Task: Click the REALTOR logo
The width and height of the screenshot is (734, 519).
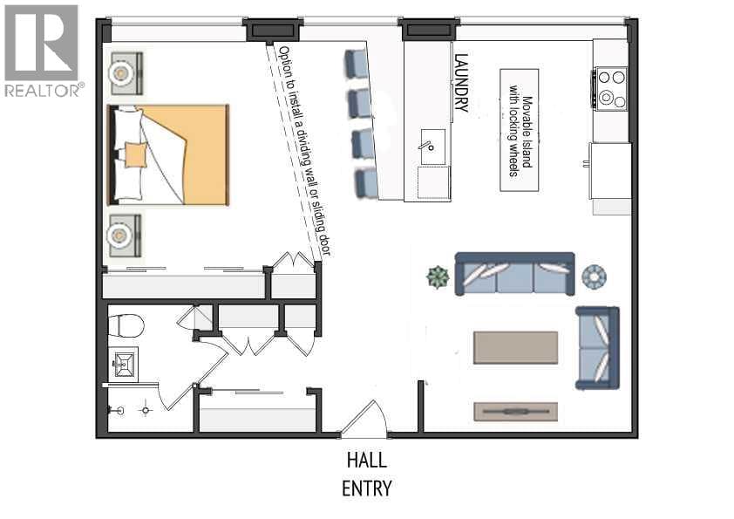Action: coord(44,51)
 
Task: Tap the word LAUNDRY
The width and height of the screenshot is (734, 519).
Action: coord(461,83)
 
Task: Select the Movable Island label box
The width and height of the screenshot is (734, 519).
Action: coord(520,130)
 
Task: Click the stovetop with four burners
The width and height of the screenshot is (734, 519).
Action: coord(611,89)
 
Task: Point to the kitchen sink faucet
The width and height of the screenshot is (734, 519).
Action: coord(428,145)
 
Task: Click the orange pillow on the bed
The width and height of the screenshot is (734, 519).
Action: coord(136,155)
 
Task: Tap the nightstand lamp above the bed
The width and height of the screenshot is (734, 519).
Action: coord(121,73)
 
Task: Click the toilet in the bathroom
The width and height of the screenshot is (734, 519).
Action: coord(126,325)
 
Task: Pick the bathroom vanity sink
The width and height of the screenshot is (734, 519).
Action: coord(124,364)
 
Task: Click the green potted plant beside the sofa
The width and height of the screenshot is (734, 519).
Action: coord(438,277)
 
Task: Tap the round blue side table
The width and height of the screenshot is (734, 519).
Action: coord(594,277)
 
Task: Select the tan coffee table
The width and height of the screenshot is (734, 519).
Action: coord(515,347)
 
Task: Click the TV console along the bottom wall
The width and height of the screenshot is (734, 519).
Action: coord(515,411)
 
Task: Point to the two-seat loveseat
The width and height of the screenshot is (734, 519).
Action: coord(597,348)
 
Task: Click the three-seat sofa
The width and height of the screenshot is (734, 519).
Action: coord(515,274)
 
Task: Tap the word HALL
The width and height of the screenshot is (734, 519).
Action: coord(367,460)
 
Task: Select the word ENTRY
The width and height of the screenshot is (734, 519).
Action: coord(366,488)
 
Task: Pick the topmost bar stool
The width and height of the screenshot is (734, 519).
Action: coord(357,64)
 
